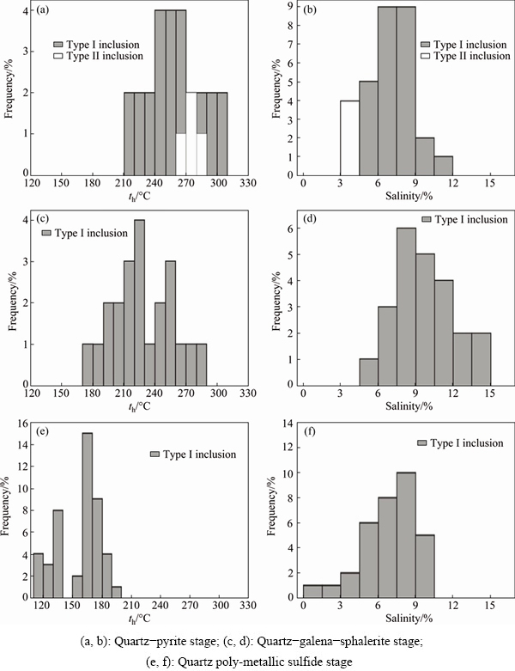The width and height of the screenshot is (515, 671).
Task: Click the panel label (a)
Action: (42, 11)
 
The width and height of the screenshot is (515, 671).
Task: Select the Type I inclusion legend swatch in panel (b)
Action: (427, 44)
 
